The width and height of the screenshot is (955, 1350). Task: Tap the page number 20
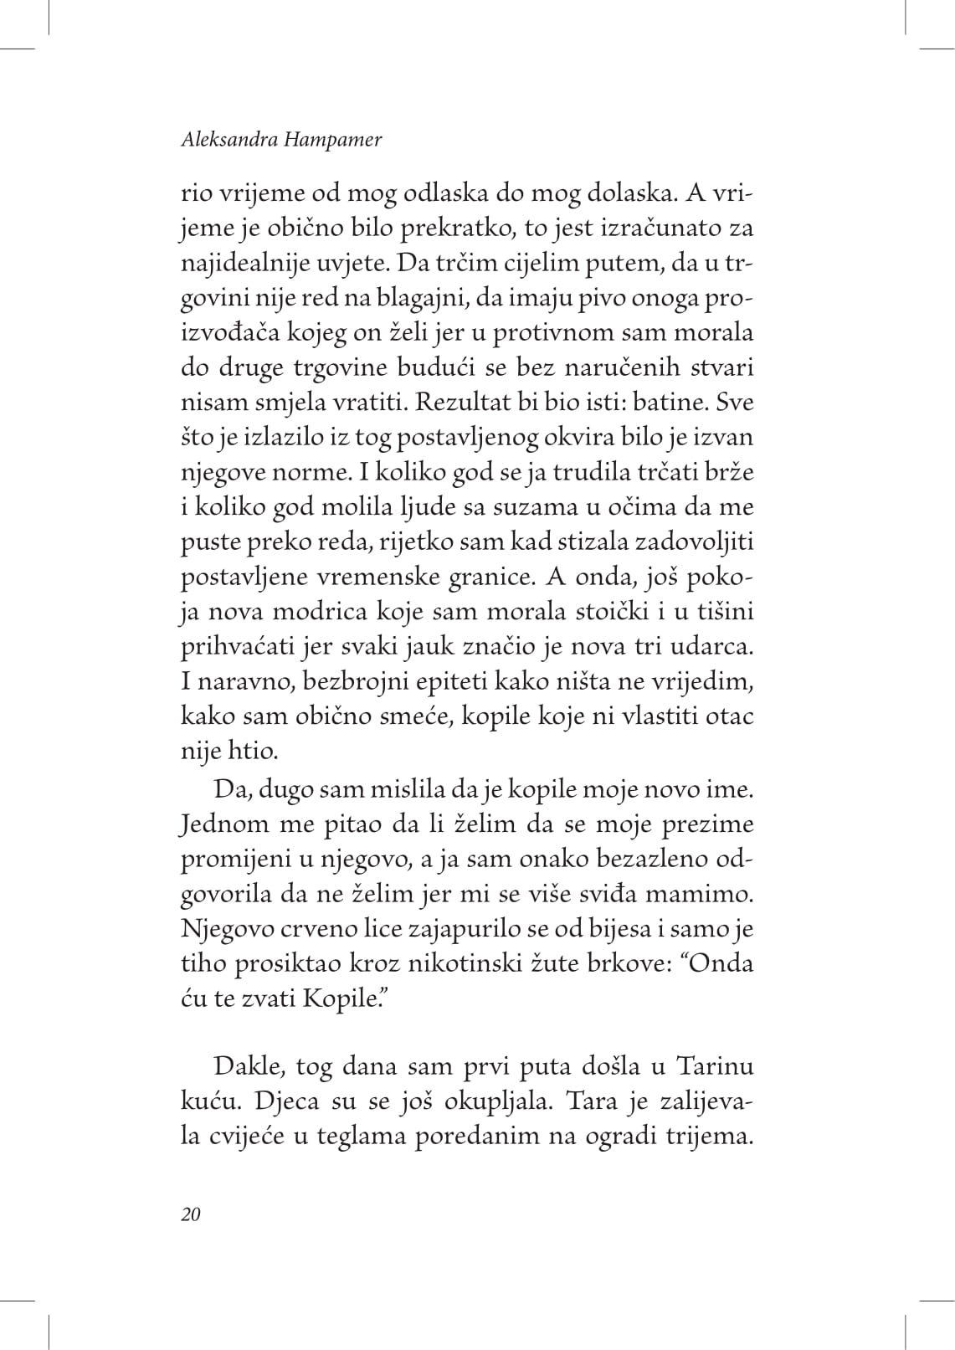point(191,1215)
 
